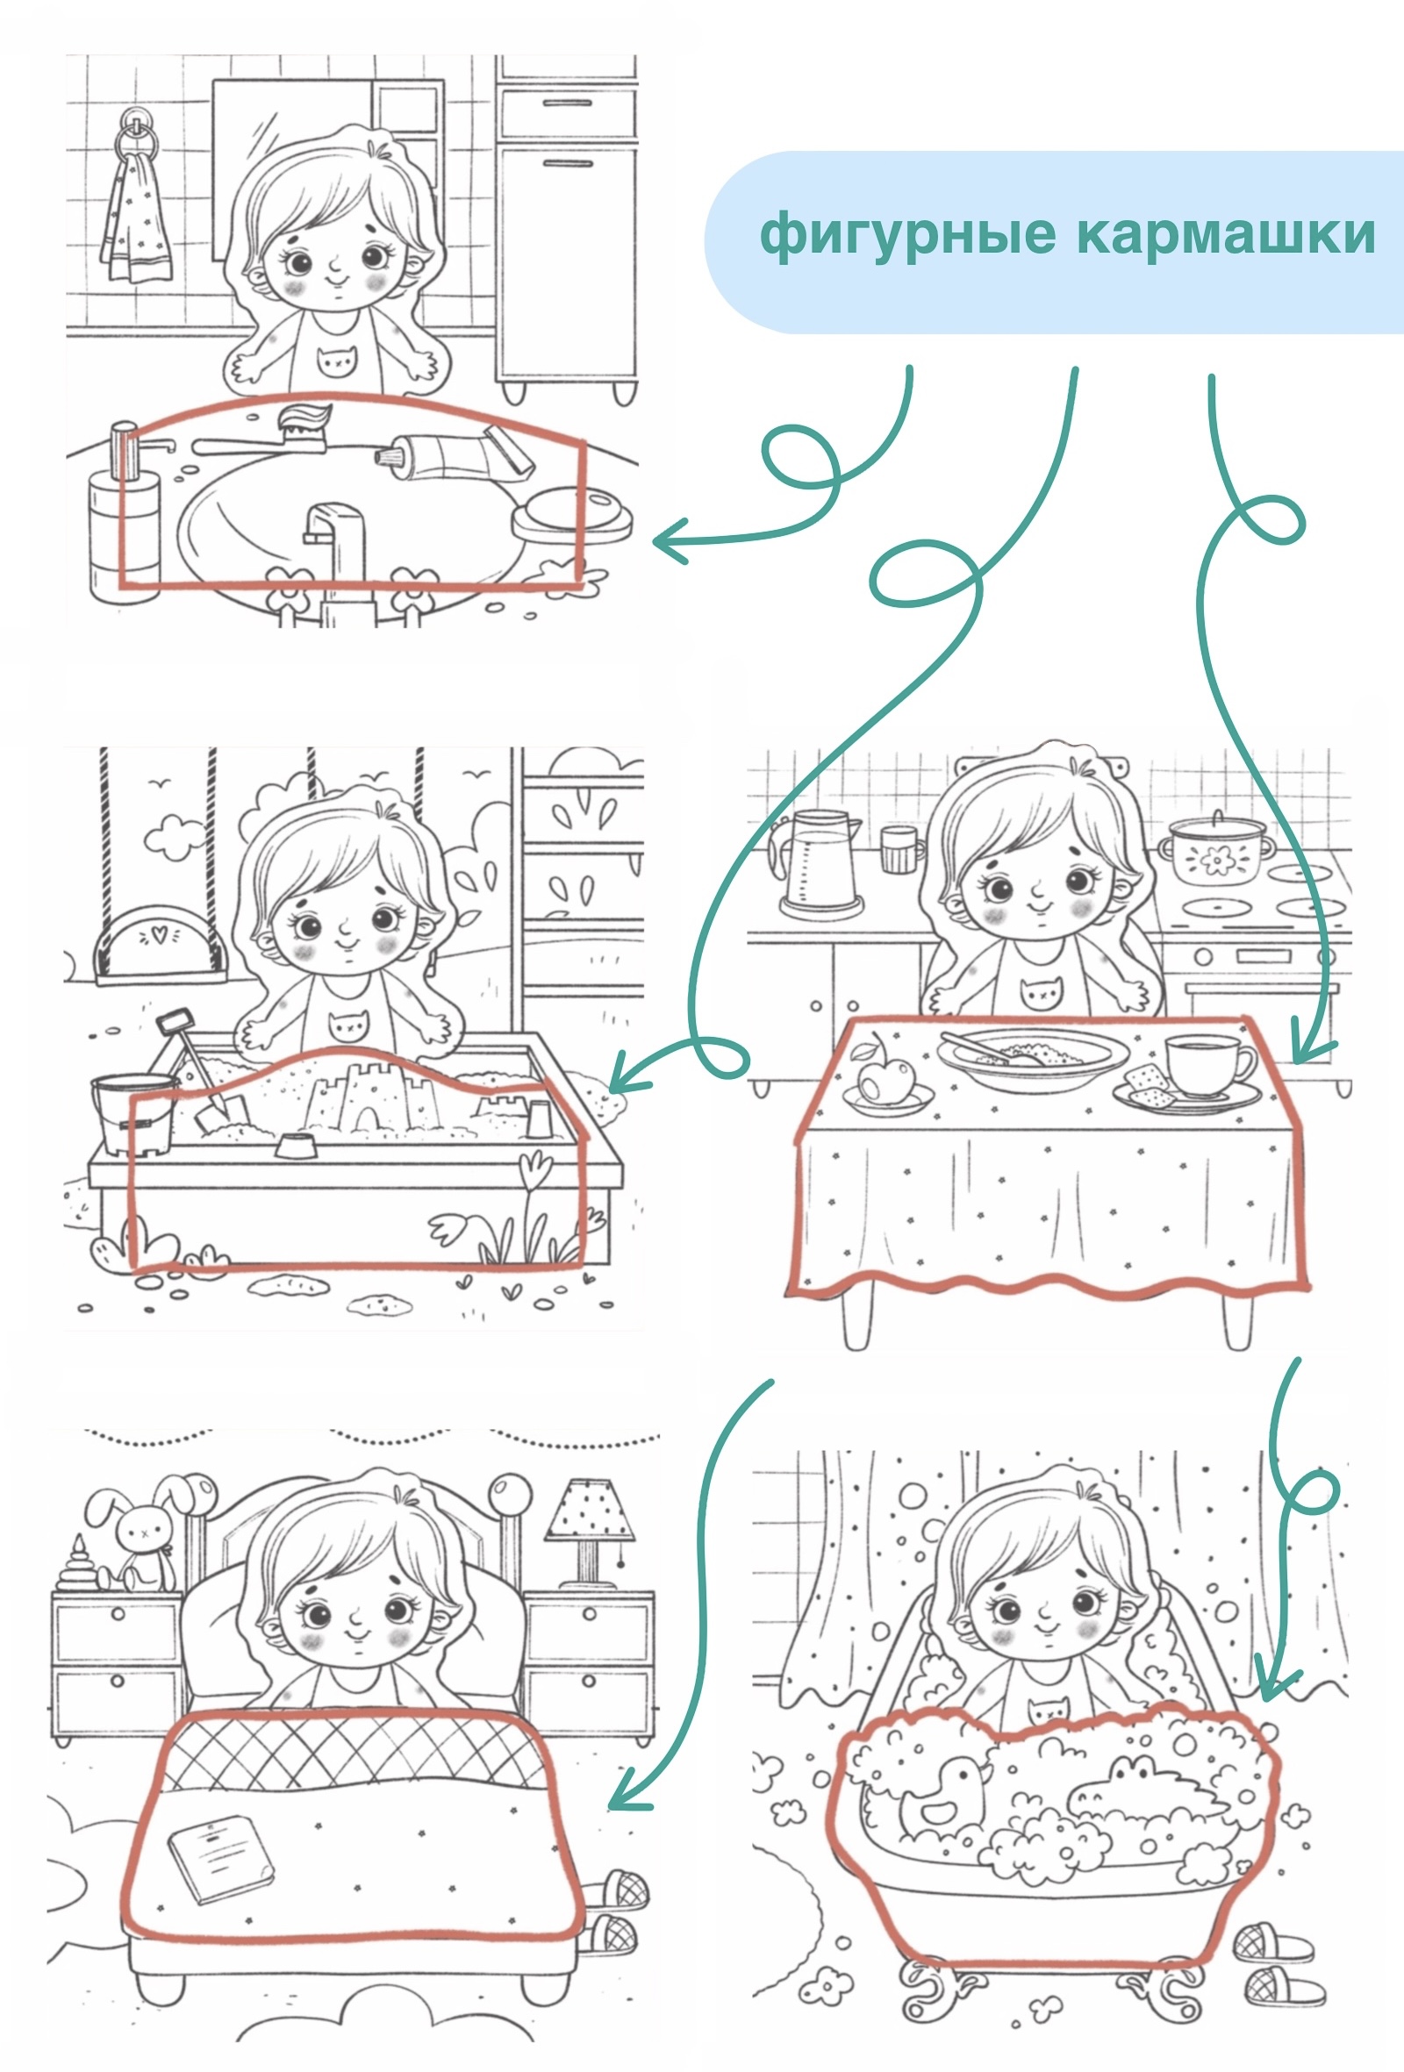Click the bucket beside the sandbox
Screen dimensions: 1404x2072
tap(133, 1113)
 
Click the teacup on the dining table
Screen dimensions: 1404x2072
tap(1208, 1067)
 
